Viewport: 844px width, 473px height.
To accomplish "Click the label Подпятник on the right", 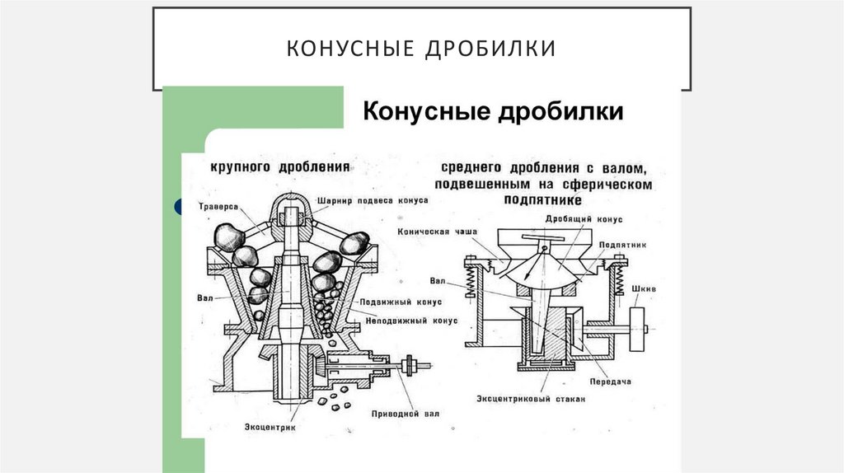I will [x=617, y=245].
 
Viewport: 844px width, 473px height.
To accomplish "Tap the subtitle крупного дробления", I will [x=280, y=166].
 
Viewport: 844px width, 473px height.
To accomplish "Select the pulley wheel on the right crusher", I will [x=635, y=330].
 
